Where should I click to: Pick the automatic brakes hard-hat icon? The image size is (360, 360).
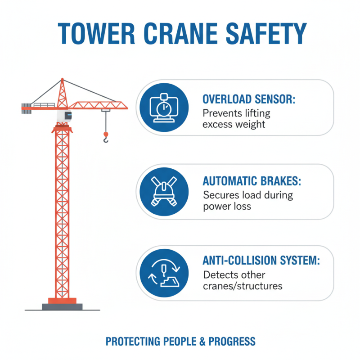click(x=162, y=191)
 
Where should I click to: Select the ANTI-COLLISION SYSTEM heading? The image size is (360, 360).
click(x=261, y=261)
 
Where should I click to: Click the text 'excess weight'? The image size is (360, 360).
click(x=234, y=124)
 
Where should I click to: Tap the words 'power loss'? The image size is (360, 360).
click(x=227, y=207)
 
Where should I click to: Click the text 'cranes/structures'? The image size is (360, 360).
click(x=243, y=286)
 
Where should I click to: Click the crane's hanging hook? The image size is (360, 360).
click(x=106, y=138)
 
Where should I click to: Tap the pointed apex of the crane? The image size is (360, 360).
click(x=62, y=80)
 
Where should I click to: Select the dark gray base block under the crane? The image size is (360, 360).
click(x=62, y=306)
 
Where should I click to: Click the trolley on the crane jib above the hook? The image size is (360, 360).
click(x=106, y=110)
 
